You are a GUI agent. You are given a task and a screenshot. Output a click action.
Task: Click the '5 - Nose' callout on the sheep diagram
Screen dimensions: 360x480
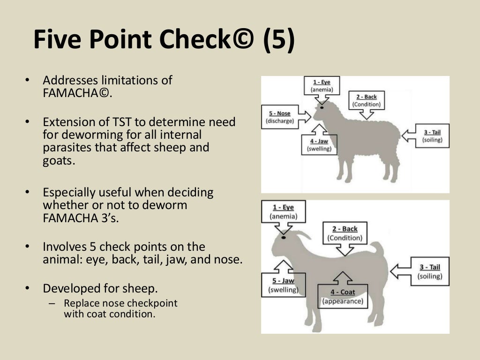click(280, 117)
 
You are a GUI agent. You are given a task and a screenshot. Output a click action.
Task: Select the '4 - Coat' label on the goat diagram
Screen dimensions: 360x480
click(343, 296)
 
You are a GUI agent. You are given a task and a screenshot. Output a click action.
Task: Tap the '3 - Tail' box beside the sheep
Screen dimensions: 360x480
click(432, 136)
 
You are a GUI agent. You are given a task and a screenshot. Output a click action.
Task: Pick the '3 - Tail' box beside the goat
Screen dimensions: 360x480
click(430, 271)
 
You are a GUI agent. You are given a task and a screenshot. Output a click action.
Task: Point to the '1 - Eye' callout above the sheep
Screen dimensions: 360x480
click(322, 86)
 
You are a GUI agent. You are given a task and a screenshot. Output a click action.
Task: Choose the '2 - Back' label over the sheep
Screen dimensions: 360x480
click(367, 101)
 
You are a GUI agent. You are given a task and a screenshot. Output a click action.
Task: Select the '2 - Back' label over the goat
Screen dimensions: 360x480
click(345, 233)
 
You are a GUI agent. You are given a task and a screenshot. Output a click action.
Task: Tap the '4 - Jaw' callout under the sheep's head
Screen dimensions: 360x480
click(319, 144)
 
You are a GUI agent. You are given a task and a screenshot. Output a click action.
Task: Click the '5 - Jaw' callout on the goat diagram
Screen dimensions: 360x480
click(283, 285)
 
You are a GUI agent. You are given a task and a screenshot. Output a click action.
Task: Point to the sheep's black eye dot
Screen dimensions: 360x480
click(322, 108)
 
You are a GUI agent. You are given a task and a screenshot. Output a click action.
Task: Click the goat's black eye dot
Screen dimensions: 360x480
click(284, 238)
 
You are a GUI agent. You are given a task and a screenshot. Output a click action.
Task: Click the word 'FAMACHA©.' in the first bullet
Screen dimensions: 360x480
click(78, 92)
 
